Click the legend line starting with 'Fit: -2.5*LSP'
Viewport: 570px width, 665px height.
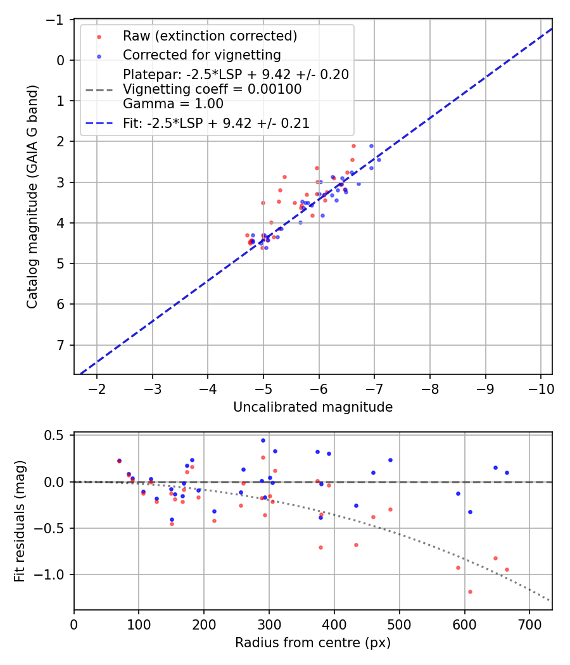pos(216,123)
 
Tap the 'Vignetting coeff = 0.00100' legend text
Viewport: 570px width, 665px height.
pos(212,89)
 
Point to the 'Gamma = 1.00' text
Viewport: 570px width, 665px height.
pos(173,104)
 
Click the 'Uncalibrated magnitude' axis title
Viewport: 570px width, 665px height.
pos(313,407)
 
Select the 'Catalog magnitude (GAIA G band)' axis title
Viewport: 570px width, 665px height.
pos(32,196)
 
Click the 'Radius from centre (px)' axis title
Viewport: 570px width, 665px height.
pos(313,643)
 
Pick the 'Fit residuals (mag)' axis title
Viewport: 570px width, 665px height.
pos(20,521)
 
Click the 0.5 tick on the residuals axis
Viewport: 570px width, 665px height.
pos(58,436)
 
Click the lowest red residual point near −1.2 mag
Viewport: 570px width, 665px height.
pos(470,592)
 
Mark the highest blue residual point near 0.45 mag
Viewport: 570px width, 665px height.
pos(263,440)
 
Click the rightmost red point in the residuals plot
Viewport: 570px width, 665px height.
pos(507,569)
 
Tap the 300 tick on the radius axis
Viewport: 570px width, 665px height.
pos(269,624)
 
